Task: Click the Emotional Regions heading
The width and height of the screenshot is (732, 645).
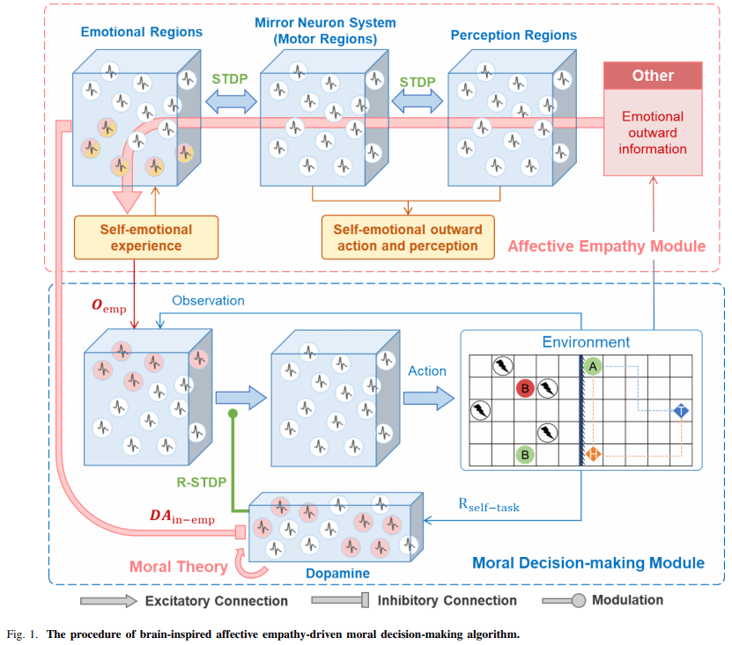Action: [x=142, y=32]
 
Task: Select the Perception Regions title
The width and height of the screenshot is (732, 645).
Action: [x=514, y=35]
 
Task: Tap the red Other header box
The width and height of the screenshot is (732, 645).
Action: [x=653, y=76]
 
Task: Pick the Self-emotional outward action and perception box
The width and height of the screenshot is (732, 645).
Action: [x=408, y=238]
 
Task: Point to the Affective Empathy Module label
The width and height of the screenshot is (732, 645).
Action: [x=607, y=246]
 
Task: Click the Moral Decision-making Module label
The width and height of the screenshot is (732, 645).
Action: [x=588, y=562]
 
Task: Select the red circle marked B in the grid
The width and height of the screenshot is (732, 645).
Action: [x=525, y=388]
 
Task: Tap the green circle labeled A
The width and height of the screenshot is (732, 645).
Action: [x=592, y=365]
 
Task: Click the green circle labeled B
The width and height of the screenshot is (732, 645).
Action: [x=525, y=455]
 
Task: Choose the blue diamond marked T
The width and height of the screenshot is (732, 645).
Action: [x=682, y=411]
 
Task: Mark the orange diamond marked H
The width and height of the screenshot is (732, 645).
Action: [x=593, y=454]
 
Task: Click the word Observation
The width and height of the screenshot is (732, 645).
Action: [x=208, y=301]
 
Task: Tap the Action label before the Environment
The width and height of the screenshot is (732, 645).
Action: [x=427, y=370]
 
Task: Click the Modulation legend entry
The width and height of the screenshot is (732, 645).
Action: [x=628, y=600]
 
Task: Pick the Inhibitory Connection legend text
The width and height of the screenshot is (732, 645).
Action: [x=447, y=600]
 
